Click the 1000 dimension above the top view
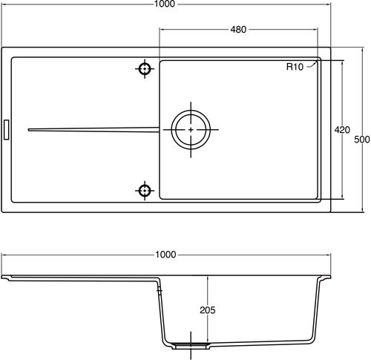(x=165, y=5)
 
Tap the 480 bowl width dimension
(x=238, y=30)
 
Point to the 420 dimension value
(x=342, y=130)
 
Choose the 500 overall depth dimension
(x=361, y=139)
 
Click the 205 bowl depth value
(x=208, y=310)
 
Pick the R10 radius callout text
(x=295, y=68)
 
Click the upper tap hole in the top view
(x=144, y=69)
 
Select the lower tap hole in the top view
(x=144, y=190)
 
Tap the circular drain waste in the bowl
(x=191, y=130)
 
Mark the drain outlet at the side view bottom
(x=192, y=346)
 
